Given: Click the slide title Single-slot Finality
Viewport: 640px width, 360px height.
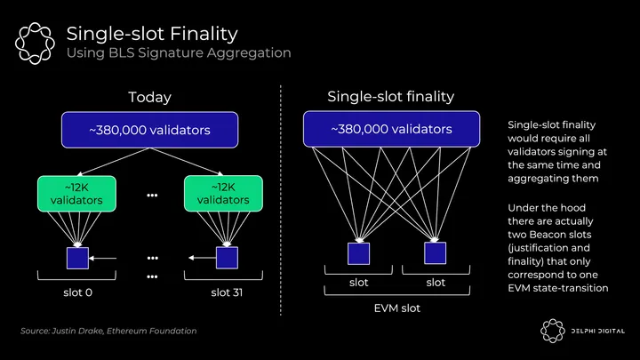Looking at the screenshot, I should coord(152,35).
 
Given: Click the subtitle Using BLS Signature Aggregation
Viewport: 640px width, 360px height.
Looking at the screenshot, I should coord(179,54).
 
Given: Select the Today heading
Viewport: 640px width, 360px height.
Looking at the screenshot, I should coord(149,97).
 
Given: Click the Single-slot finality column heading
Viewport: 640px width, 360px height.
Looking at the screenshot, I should coord(390,96).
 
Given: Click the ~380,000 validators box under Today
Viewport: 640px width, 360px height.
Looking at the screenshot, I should coord(149,131).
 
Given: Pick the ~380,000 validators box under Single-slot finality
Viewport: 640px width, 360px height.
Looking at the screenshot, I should coord(391,130).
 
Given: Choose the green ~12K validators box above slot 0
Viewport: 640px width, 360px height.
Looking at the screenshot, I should coord(77,194).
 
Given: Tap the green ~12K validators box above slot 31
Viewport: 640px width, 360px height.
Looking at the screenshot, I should coord(223,194).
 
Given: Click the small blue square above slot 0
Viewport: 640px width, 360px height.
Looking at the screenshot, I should coord(77,258).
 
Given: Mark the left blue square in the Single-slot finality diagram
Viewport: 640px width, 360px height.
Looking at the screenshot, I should coord(359,253).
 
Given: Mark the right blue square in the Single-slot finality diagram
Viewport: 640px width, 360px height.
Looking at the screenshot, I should coord(436,253).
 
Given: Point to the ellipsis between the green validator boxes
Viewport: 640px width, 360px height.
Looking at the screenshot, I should coord(152,195).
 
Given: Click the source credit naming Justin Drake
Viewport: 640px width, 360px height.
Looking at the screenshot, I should coord(108,332).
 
